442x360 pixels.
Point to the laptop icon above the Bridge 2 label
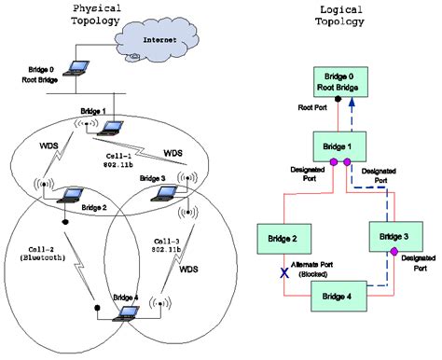[x=65, y=195]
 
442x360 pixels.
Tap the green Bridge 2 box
[x=282, y=240]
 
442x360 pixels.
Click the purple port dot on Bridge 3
[x=394, y=253]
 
